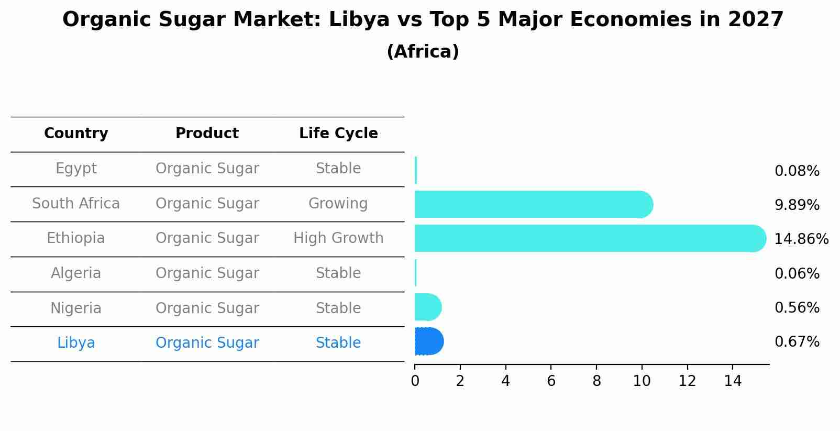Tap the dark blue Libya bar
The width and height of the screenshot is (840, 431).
click(429, 341)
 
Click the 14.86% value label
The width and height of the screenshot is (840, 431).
click(801, 239)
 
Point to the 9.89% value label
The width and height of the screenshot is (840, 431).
click(797, 205)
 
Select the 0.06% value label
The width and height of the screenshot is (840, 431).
click(797, 273)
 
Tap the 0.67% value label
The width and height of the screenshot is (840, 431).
click(797, 342)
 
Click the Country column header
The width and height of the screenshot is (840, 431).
click(76, 134)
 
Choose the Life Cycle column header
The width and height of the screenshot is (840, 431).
click(338, 134)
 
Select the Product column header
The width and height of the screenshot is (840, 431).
click(207, 134)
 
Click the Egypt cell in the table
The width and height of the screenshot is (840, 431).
click(76, 169)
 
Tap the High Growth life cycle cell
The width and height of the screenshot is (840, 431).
click(338, 238)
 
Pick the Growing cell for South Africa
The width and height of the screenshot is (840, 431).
click(338, 203)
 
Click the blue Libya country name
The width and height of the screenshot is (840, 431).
click(76, 343)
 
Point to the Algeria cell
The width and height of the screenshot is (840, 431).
click(76, 273)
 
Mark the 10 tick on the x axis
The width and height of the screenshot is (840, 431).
click(642, 381)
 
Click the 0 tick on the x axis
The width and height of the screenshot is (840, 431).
click(415, 381)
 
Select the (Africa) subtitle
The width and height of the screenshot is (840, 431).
click(423, 52)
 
